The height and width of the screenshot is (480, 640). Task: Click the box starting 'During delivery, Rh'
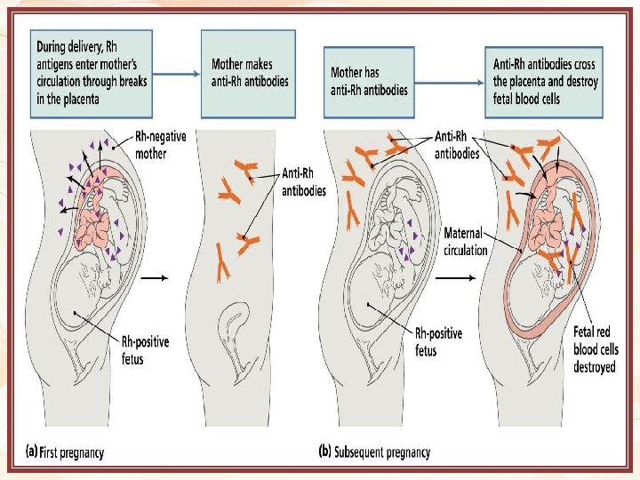(92, 74)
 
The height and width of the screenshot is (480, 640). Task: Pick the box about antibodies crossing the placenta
(545, 75)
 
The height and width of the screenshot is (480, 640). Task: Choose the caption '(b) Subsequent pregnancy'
(374, 452)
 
